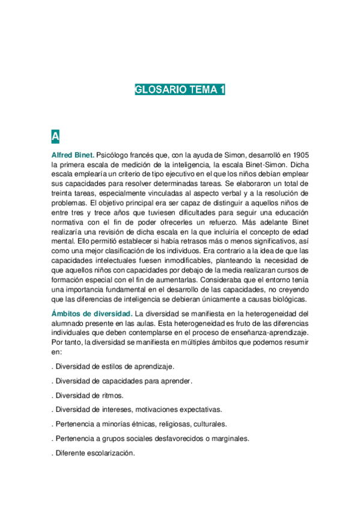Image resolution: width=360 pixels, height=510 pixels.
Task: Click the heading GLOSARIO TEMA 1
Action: (180, 90)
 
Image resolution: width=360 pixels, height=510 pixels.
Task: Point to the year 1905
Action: (297, 155)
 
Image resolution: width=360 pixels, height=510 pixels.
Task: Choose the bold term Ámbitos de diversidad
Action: (92, 313)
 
